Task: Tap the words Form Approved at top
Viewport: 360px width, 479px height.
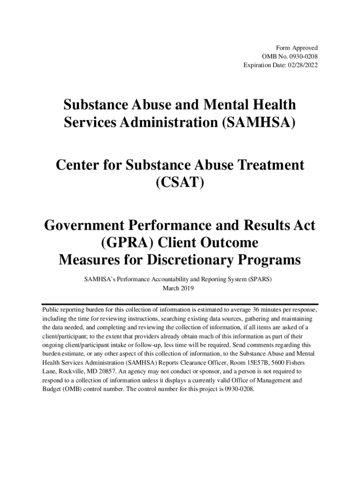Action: (x=297, y=48)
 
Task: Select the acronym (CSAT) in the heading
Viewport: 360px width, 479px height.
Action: (x=180, y=182)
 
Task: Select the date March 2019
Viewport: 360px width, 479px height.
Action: (x=178, y=288)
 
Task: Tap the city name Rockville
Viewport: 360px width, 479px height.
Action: (x=71, y=372)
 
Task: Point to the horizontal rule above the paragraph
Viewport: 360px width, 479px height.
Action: (x=180, y=304)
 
